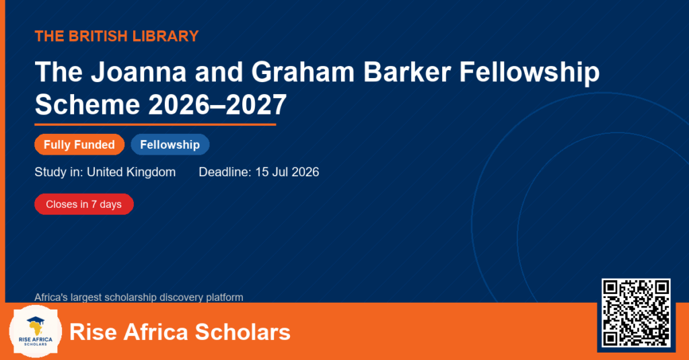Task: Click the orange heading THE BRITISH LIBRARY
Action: pos(116,36)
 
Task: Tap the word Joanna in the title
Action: pos(139,71)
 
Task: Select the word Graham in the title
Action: pos(303,71)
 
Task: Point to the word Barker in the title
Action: pos(407,71)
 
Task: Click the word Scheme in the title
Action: pos(87,104)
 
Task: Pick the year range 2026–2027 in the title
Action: pos(217,104)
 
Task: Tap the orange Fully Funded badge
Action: pos(79,145)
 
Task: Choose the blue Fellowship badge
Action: pos(170,145)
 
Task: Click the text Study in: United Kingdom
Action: pos(105,172)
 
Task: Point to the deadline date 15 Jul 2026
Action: pos(287,172)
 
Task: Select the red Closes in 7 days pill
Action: pos(84,205)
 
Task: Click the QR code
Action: pos(636,313)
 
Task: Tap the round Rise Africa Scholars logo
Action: pos(36,332)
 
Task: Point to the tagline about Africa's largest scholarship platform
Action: pos(139,297)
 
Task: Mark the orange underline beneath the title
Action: pos(155,125)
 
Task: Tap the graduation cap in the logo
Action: pos(36,320)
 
